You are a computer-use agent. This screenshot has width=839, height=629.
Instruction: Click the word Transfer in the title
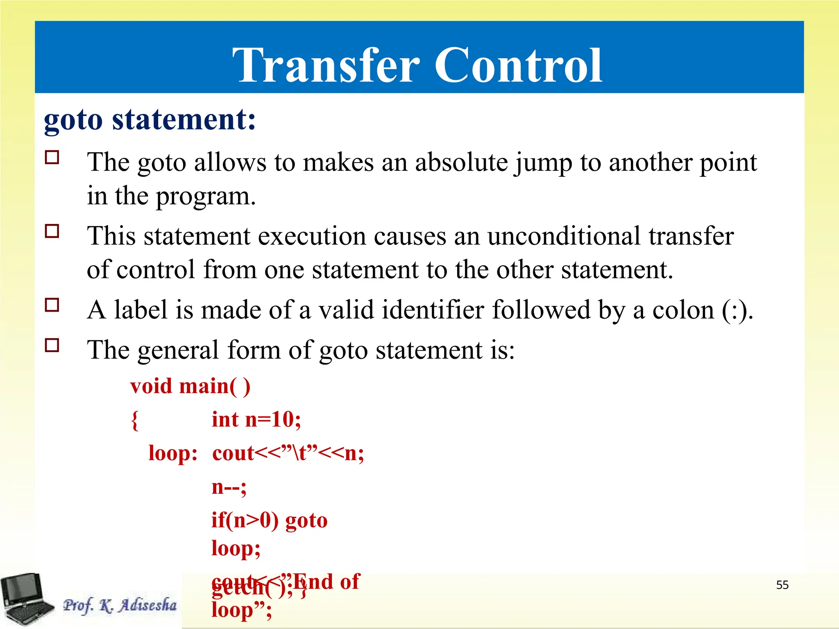click(x=326, y=66)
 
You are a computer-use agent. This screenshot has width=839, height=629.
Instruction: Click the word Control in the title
click(x=518, y=66)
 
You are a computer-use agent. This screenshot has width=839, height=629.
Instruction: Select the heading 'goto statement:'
click(x=150, y=120)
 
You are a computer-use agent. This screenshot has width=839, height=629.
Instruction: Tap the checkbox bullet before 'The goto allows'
click(x=52, y=157)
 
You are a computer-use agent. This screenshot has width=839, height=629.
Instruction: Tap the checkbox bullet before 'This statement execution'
click(x=52, y=231)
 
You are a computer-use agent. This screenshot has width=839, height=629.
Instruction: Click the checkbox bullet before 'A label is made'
click(x=52, y=305)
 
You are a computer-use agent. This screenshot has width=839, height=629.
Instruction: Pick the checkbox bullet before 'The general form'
click(x=52, y=345)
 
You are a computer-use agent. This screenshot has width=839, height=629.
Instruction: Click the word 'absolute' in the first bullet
click(x=461, y=162)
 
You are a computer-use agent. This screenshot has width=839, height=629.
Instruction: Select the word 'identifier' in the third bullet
click(x=433, y=310)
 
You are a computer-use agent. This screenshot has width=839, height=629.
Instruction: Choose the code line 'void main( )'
click(x=190, y=386)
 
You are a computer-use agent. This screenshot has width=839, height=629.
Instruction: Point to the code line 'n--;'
click(x=229, y=487)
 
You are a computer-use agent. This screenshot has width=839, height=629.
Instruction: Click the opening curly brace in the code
click(x=135, y=420)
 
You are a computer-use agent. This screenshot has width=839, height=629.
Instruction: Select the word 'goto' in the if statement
click(x=306, y=520)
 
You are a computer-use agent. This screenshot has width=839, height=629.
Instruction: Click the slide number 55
click(x=782, y=585)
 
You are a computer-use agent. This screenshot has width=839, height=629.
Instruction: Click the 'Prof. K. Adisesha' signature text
click(x=120, y=605)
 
